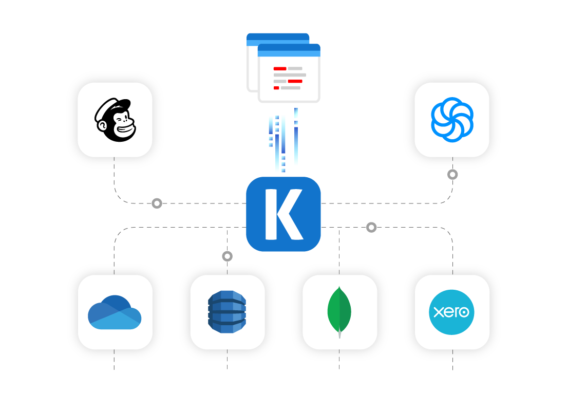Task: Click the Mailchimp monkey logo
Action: pos(115,120)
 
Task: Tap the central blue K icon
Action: pos(283,214)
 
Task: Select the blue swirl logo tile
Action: pos(452,120)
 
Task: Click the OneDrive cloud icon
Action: pos(115,312)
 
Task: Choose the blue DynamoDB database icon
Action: pos(227,312)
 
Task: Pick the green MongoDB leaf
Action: pos(339,310)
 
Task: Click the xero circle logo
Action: pos(451,312)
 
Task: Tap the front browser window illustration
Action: pos(289,77)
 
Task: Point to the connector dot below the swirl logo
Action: pos(452,175)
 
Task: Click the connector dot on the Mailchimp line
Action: pos(157,203)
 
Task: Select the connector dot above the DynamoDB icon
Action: pos(227,256)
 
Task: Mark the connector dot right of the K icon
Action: pos(371,227)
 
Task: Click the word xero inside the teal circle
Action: pos(451,312)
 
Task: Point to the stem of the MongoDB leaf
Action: pos(339,334)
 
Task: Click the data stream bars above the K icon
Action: pos(283,141)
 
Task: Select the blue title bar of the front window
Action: pos(289,50)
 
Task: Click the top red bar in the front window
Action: pos(280,68)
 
